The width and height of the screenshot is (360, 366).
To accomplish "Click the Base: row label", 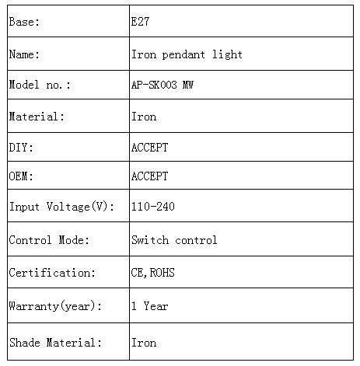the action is pos(24,22).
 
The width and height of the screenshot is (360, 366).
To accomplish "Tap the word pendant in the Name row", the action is pos(183,54).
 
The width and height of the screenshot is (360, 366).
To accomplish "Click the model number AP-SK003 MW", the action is pos(163,85).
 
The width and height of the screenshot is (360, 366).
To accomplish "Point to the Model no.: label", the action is pos(40,85).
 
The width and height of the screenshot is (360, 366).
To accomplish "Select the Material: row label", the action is pos(37,117).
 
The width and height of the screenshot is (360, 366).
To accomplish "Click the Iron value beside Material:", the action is pos(144,117).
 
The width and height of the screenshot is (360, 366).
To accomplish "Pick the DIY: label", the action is pos(21,148).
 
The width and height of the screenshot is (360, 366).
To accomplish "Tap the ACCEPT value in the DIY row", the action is pos(149,148).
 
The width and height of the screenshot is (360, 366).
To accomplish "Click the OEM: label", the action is pos(21,176).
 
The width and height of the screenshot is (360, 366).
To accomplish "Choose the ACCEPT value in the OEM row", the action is pos(149,176).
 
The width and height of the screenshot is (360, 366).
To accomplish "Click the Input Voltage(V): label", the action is pos(61,207).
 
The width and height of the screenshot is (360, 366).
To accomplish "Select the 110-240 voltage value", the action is pos(153,207).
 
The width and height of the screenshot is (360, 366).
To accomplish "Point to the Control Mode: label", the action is pos(49,240).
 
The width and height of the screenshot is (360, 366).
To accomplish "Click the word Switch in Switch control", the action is pos(150,240).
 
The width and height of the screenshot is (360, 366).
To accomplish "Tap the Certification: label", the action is pos(52,273).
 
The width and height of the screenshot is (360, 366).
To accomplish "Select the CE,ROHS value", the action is pos(152,273).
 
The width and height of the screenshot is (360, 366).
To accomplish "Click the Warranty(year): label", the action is pos(55,306).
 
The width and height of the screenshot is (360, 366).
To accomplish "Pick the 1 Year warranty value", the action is pos(150,306).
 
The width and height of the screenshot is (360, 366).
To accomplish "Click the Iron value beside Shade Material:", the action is pos(144,343).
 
